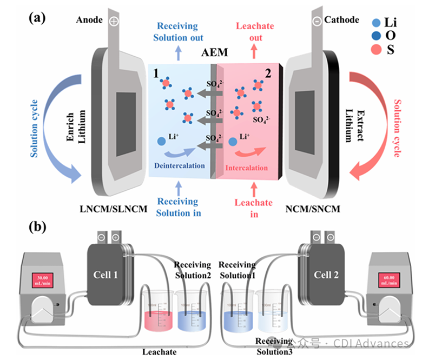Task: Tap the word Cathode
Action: [x=341, y=20]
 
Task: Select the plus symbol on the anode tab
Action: [x=114, y=21]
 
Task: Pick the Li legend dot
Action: [x=375, y=23]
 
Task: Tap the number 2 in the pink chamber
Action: [x=267, y=73]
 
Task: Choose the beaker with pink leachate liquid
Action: [x=157, y=314]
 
